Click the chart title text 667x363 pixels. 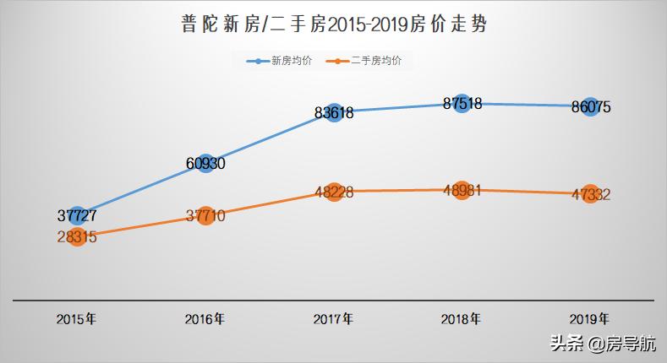tap(333, 24)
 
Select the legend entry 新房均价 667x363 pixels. tap(282, 61)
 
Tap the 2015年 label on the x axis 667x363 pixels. tap(76, 319)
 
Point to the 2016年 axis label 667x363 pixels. tap(205, 319)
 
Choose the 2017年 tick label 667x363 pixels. tap(333, 319)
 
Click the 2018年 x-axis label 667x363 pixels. tap(462, 319)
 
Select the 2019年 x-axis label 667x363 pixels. tap(590, 319)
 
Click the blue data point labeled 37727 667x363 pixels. tap(77, 215)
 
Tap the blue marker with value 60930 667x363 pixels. tap(205, 163)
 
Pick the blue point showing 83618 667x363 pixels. tap(334, 111)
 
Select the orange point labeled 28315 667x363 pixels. tap(77, 237)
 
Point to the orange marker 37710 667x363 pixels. tap(205, 215)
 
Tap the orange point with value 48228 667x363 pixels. tap(334, 192)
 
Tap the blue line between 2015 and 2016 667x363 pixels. tap(141, 189)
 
